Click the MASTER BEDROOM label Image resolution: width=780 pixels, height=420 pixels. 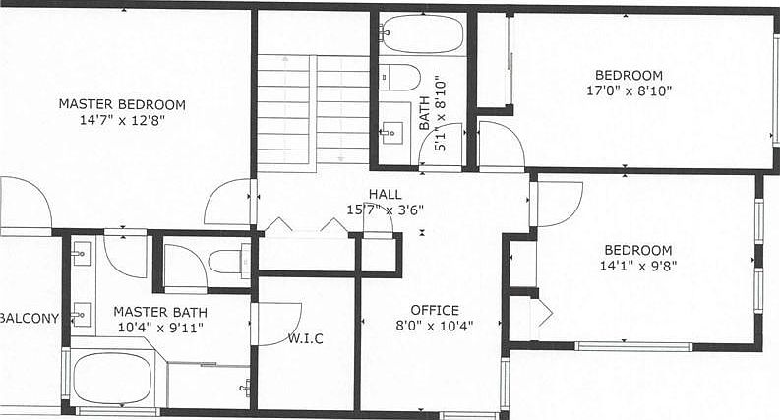coord(122,104)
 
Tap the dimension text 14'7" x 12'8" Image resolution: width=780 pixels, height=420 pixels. coord(122,121)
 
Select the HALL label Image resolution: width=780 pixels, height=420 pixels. coord(386,194)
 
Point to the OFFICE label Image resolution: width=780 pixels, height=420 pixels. coord(435,309)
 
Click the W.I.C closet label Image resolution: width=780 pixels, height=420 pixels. coord(306,339)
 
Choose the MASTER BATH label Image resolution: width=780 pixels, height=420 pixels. coord(159,312)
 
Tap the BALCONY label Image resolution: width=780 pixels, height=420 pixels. coord(30,318)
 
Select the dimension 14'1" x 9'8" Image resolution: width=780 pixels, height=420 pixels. coord(637,266)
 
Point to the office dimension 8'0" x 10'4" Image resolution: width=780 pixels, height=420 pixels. coord(435,326)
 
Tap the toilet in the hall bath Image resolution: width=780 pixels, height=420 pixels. coord(400,77)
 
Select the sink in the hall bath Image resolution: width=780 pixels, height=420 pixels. coord(392,131)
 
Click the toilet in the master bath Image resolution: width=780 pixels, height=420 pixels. coord(229,263)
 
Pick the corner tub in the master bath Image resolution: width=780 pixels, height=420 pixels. coord(112,378)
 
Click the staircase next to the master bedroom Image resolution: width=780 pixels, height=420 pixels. coord(313,108)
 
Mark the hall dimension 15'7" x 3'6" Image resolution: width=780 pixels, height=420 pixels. coord(386,210)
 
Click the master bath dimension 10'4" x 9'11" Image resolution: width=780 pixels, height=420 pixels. coord(159,328)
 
